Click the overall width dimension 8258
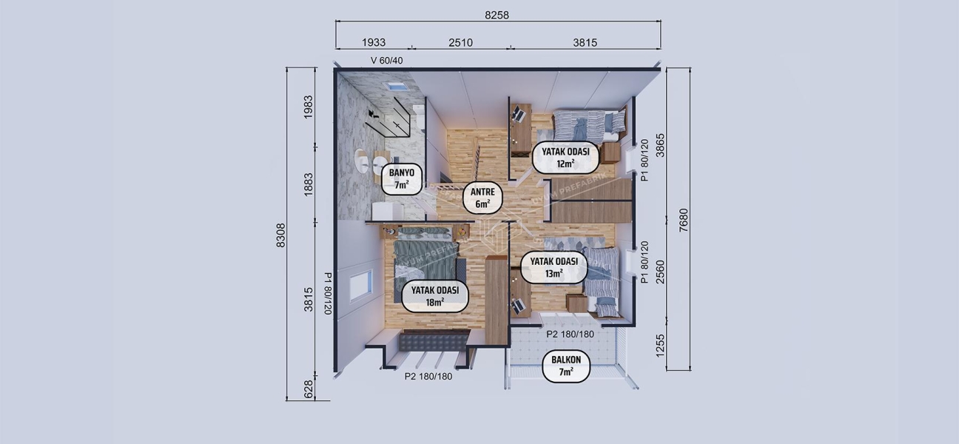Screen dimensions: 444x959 [497, 15]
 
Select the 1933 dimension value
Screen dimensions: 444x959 [373, 43]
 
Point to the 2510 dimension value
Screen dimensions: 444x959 [460, 43]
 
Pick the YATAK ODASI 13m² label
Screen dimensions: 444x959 [553, 267]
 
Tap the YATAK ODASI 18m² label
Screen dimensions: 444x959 [434, 296]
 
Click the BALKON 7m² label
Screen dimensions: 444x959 [566, 367]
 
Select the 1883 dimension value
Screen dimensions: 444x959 [309, 185]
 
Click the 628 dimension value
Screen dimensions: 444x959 [309, 388]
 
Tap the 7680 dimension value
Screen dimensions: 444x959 [683, 220]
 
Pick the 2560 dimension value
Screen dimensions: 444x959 [661, 272]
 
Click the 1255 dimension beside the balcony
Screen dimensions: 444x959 [661, 345]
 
